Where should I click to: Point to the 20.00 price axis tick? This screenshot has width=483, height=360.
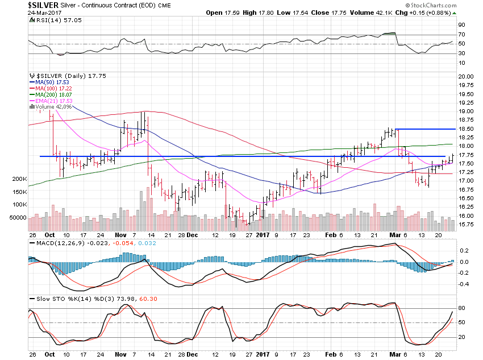466,76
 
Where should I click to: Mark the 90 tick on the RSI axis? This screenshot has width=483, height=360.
463,25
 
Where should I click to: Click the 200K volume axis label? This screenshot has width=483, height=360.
18,179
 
